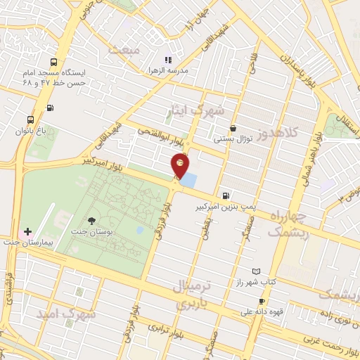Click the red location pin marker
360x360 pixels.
(x=181, y=167)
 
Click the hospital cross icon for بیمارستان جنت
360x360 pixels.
(x=27, y=231)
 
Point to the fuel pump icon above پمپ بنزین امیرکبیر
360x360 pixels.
(x=225, y=196)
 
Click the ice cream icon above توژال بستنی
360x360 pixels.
(x=233, y=128)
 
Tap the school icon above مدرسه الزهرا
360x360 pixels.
(x=168, y=60)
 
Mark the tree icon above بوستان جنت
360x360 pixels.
(x=92, y=220)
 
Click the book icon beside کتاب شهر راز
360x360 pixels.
(x=256, y=271)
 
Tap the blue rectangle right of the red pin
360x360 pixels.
(x=189, y=180)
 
